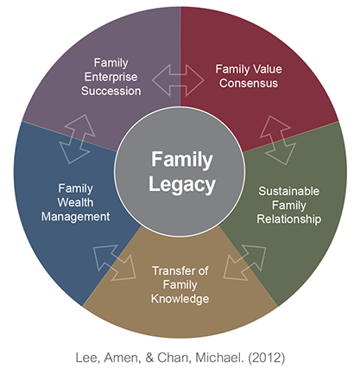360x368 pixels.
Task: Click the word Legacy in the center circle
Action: click(182, 185)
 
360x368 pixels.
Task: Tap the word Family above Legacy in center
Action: click(182, 160)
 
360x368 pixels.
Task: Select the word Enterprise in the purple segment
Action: click(111, 77)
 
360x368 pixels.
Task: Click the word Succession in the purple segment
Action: click(111, 91)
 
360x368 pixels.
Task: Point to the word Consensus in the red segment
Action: click(249, 83)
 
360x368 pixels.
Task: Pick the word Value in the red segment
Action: click(266, 69)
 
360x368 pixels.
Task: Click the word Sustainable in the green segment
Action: click(289, 191)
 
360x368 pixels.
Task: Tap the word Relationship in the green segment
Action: click(289, 219)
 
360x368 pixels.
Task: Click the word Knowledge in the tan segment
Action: click(180, 299)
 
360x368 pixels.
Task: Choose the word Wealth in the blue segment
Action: click(75, 202)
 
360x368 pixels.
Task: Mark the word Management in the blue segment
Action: click(75, 217)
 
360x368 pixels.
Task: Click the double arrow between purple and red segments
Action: click(178, 80)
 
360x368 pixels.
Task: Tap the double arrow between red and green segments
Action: click(278, 140)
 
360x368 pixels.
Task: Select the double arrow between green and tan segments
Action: click(245, 263)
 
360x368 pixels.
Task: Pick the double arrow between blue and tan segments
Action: click(115, 263)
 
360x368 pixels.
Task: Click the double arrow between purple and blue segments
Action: click(78, 139)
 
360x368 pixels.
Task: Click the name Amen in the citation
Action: click(121, 358)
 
